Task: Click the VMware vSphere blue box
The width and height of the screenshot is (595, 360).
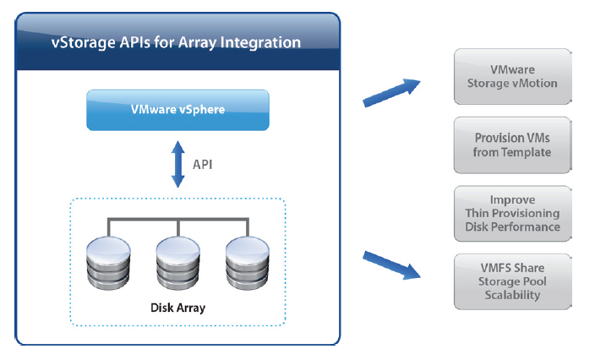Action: [177, 110]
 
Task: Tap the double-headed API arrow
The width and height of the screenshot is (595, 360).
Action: [177, 164]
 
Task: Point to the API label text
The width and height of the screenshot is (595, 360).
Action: [202, 164]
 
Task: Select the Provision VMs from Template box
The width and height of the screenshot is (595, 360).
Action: [512, 145]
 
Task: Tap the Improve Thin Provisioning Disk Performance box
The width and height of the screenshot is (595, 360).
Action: [512, 213]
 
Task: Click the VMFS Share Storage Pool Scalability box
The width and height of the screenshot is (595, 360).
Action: [512, 281]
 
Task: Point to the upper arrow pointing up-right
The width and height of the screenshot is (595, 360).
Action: [391, 92]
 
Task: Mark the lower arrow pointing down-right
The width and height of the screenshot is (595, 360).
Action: [391, 264]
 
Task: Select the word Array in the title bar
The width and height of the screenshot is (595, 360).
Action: [199, 41]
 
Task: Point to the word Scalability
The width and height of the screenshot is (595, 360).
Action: [512, 295]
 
